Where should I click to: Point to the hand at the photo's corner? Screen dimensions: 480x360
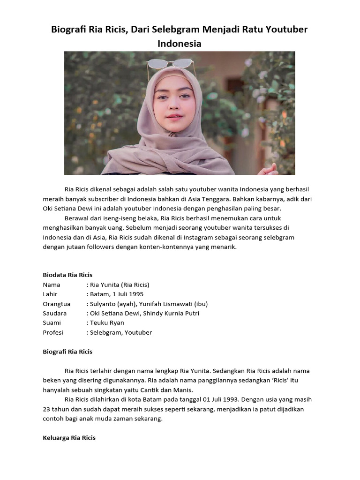pyautogui.click(x=270, y=170)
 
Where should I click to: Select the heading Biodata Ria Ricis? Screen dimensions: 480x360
pyautogui.click(x=67, y=275)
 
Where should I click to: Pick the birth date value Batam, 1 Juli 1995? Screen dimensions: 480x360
pyautogui.click(x=117, y=294)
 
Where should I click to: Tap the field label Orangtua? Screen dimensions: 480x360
pyautogui.click(x=56, y=304)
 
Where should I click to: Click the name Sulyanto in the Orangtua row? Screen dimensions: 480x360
pyautogui.click(x=104, y=304)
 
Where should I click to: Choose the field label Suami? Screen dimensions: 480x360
pyautogui.click(x=52, y=323)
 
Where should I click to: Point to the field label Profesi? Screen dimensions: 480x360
pyautogui.click(x=53, y=332)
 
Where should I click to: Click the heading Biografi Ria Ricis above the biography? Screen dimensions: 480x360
pyautogui.click(x=67, y=352)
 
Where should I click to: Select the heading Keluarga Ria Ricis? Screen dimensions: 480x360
pyautogui.click(x=69, y=438)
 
